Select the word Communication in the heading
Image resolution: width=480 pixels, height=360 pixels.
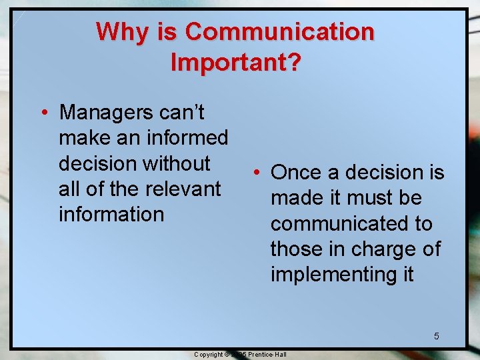click(x=279, y=32)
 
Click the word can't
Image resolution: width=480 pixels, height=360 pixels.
click(x=183, y=113)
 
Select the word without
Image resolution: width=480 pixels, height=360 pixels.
click(x=178, y=163)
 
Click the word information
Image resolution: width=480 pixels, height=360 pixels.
click(x=111, y=214)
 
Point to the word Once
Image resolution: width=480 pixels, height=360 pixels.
click(x=295, y=173)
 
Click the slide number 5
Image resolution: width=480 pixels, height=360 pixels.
click(x=437, y=336)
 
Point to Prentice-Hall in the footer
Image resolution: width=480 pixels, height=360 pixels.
click(x=267, y=354)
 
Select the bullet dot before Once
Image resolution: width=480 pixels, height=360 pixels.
click(x=256, y=173)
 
